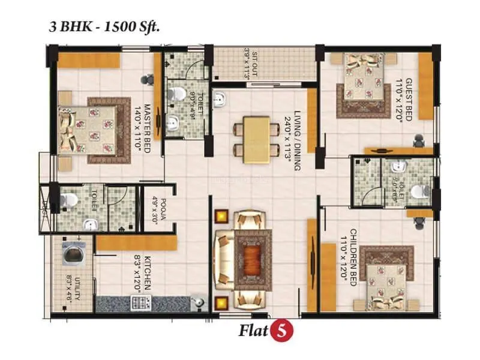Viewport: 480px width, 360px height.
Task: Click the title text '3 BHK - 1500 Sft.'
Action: (103, 27)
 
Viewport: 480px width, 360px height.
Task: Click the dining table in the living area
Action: (256, 139)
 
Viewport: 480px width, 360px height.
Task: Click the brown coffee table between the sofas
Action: (248, 259)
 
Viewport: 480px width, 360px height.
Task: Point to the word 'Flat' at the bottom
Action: (254, 330)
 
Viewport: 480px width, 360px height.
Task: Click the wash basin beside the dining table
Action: (220, 101)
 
